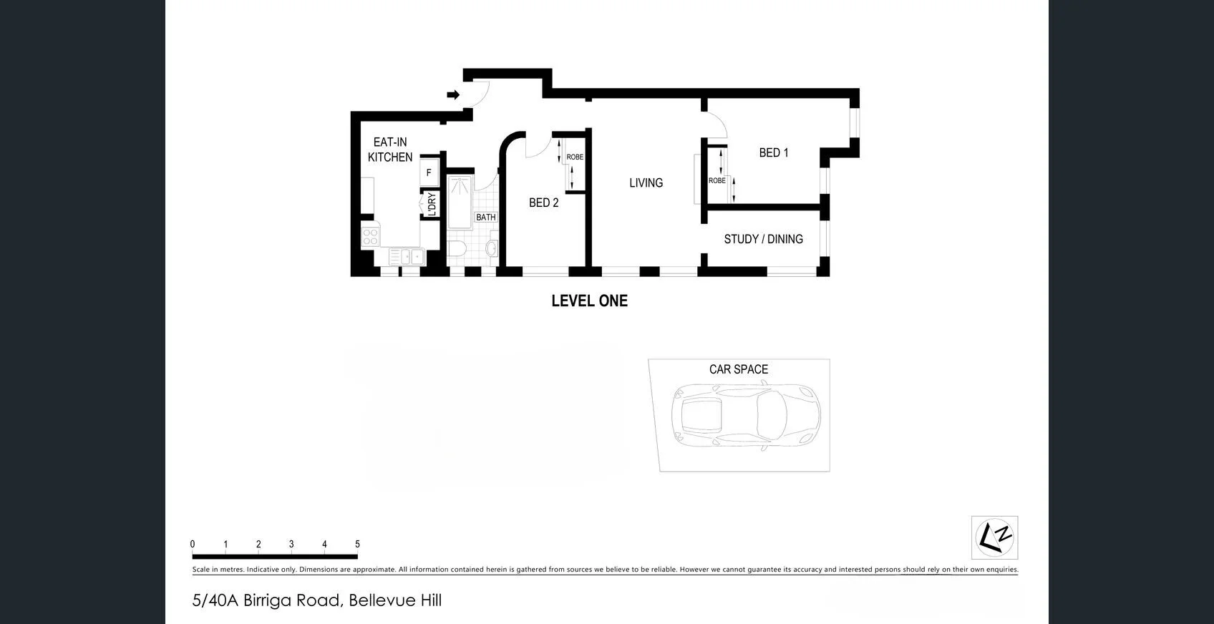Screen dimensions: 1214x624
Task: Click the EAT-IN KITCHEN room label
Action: point(390,150)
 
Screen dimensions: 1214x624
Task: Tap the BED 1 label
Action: point(773,152)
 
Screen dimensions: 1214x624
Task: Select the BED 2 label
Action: point(543,203)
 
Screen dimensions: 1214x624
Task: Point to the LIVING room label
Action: point(646,183)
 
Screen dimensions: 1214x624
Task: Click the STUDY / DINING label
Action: point(763,239)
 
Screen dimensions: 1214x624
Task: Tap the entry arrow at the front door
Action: point(453,94)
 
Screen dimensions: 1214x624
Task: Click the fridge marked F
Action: point(429,172)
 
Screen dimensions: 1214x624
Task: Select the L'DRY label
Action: point(432,204)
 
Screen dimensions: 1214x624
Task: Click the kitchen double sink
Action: point(406,256)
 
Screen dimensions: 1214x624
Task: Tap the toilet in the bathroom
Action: point(457,249)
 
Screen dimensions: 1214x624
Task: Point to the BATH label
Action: point(485,218)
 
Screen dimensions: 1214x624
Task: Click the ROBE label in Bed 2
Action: point(575,157)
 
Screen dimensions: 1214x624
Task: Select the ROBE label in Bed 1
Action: point(717,180)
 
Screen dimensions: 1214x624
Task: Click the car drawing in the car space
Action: point(746,416)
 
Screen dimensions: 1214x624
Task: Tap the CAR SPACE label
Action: point(739,369)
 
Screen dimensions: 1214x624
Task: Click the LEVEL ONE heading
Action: point(590,301)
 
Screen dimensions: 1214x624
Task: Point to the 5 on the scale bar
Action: point(357,544)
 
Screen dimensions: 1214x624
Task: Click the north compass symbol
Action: point(994,537)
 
